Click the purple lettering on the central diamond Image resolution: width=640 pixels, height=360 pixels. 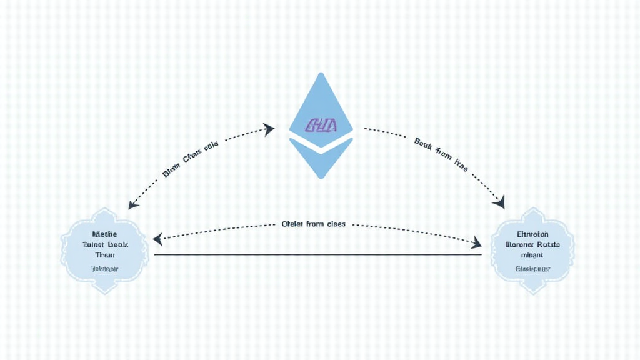[321, 126]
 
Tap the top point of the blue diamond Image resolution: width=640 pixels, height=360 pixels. [321, 74]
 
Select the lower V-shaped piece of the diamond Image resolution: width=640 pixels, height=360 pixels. [321, 159]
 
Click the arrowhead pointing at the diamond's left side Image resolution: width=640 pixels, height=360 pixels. [269, 129]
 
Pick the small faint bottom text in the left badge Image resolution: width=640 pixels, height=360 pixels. [104, 269]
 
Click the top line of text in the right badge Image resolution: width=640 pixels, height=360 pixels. [532, 234]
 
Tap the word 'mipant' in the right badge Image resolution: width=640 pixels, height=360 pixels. [532, 256]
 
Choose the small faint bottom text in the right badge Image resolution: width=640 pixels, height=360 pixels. [532, 269]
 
